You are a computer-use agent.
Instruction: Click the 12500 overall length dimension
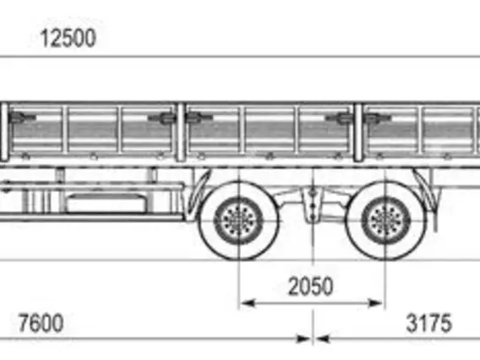pyautogui.click(x=68, y=38)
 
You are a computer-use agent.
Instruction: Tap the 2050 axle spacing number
pyautogui.click(x=310, y=286)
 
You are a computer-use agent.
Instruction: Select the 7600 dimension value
pyautogui.click(x=41, y=323)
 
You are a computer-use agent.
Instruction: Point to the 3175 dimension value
pyautogui.click(x=428, y=323)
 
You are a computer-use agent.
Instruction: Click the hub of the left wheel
pyautogui.click(x=239, y=221)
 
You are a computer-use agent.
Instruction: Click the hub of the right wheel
pyautogui.click(x=385, y=221)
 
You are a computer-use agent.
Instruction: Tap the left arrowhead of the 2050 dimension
pyautogui.click(x=248, y=303)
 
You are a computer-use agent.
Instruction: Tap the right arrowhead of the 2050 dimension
pyautogui.click(x=375, y=303)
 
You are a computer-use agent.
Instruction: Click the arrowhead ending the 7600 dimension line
pyautogui.click(x=304, y=339)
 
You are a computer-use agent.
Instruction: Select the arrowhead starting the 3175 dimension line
pyautogui.click(x=322, y=339)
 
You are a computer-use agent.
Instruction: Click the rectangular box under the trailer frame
pyautogui.click(x=106, y=202)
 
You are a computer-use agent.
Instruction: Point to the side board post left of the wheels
pyautogui.click(x=181, y=132)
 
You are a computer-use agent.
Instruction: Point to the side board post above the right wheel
pyautogui.click(x=357, y=132)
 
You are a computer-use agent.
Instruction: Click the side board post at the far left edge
pyautogui.click(x=4, y=132)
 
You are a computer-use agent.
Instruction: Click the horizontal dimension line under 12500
pyautogui.click(x=240, y=57)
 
